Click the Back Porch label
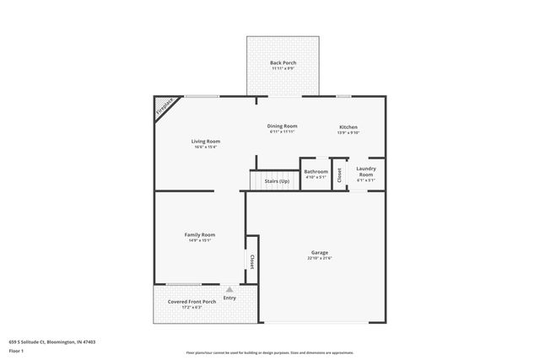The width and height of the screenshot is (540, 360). pyautogui.click(x=283, y=63)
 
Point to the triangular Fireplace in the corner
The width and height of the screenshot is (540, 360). pyautogui.click(x=163, y=106)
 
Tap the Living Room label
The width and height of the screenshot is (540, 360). pyautogui.click(x=205, y=141)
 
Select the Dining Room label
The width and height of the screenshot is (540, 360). pyautogui.click(x=283, y=126)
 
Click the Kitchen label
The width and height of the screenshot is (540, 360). pyautogui.click(x=348, y=126)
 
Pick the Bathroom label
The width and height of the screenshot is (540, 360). pyautogui.click(x=316, y=171)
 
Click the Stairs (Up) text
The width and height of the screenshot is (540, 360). pyautogui.click(x=277, y=181)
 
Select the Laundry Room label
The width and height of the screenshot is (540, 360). pyautogui.click(x=366, y=171)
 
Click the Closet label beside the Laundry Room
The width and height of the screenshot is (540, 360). pyautogui.click(x=339, y=175)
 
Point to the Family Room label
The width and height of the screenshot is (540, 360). pyautogui.click(x=200, y=234)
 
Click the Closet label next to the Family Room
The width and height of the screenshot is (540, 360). pyautogui.click(x=251, y=262)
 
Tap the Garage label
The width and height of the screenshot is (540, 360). pyautogui.click(x=320, y=252)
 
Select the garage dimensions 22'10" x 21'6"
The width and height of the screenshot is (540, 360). pyautogui.click(x=320, y=258)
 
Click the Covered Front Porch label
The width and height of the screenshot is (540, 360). pyautogui.click(x=192, y=301)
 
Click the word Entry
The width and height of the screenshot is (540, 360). pyautogui.click(x=229, y=298)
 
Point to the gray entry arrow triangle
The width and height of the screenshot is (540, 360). pyautogui.click(x=229, y=289)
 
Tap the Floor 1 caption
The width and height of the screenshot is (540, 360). pyautogui.click(x=16, y=350)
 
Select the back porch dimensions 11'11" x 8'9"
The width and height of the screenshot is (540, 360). pyautogui.click(x=283, y=68)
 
